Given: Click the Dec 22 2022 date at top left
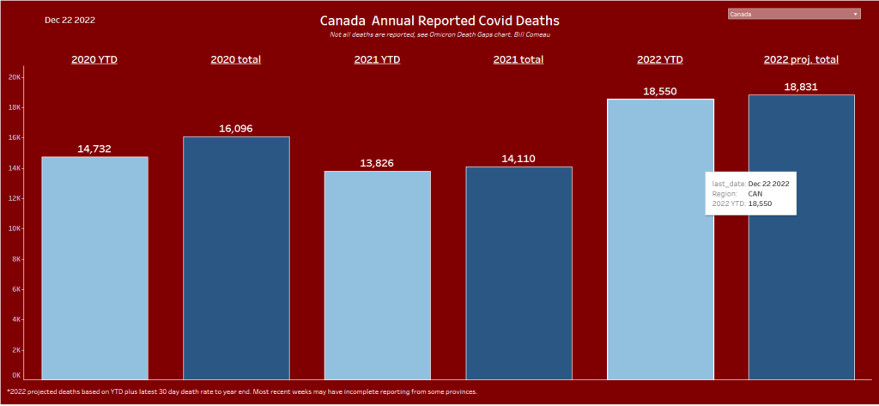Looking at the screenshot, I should click(70, 20).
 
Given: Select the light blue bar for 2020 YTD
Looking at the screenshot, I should click(94, 267).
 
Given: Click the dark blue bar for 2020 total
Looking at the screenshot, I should click(236, 258).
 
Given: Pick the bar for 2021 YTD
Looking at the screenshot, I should click(377, 275).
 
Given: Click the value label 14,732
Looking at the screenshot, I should click(94, 148).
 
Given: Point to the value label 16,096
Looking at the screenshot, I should click(236, 129).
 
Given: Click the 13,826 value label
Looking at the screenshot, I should click(377, 163).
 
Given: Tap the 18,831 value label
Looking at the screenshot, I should click(801, 87).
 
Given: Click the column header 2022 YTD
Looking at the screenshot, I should click(659, 59).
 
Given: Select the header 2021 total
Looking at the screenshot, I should click(518, 59).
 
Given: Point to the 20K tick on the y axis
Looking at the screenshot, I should click(15, 76).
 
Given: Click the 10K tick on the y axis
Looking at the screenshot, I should click(15, 228).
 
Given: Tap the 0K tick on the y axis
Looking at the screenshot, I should click(16, 375).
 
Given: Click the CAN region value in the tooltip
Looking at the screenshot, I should click(755, 194).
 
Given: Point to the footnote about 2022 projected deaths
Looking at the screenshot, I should click(241, 391).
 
